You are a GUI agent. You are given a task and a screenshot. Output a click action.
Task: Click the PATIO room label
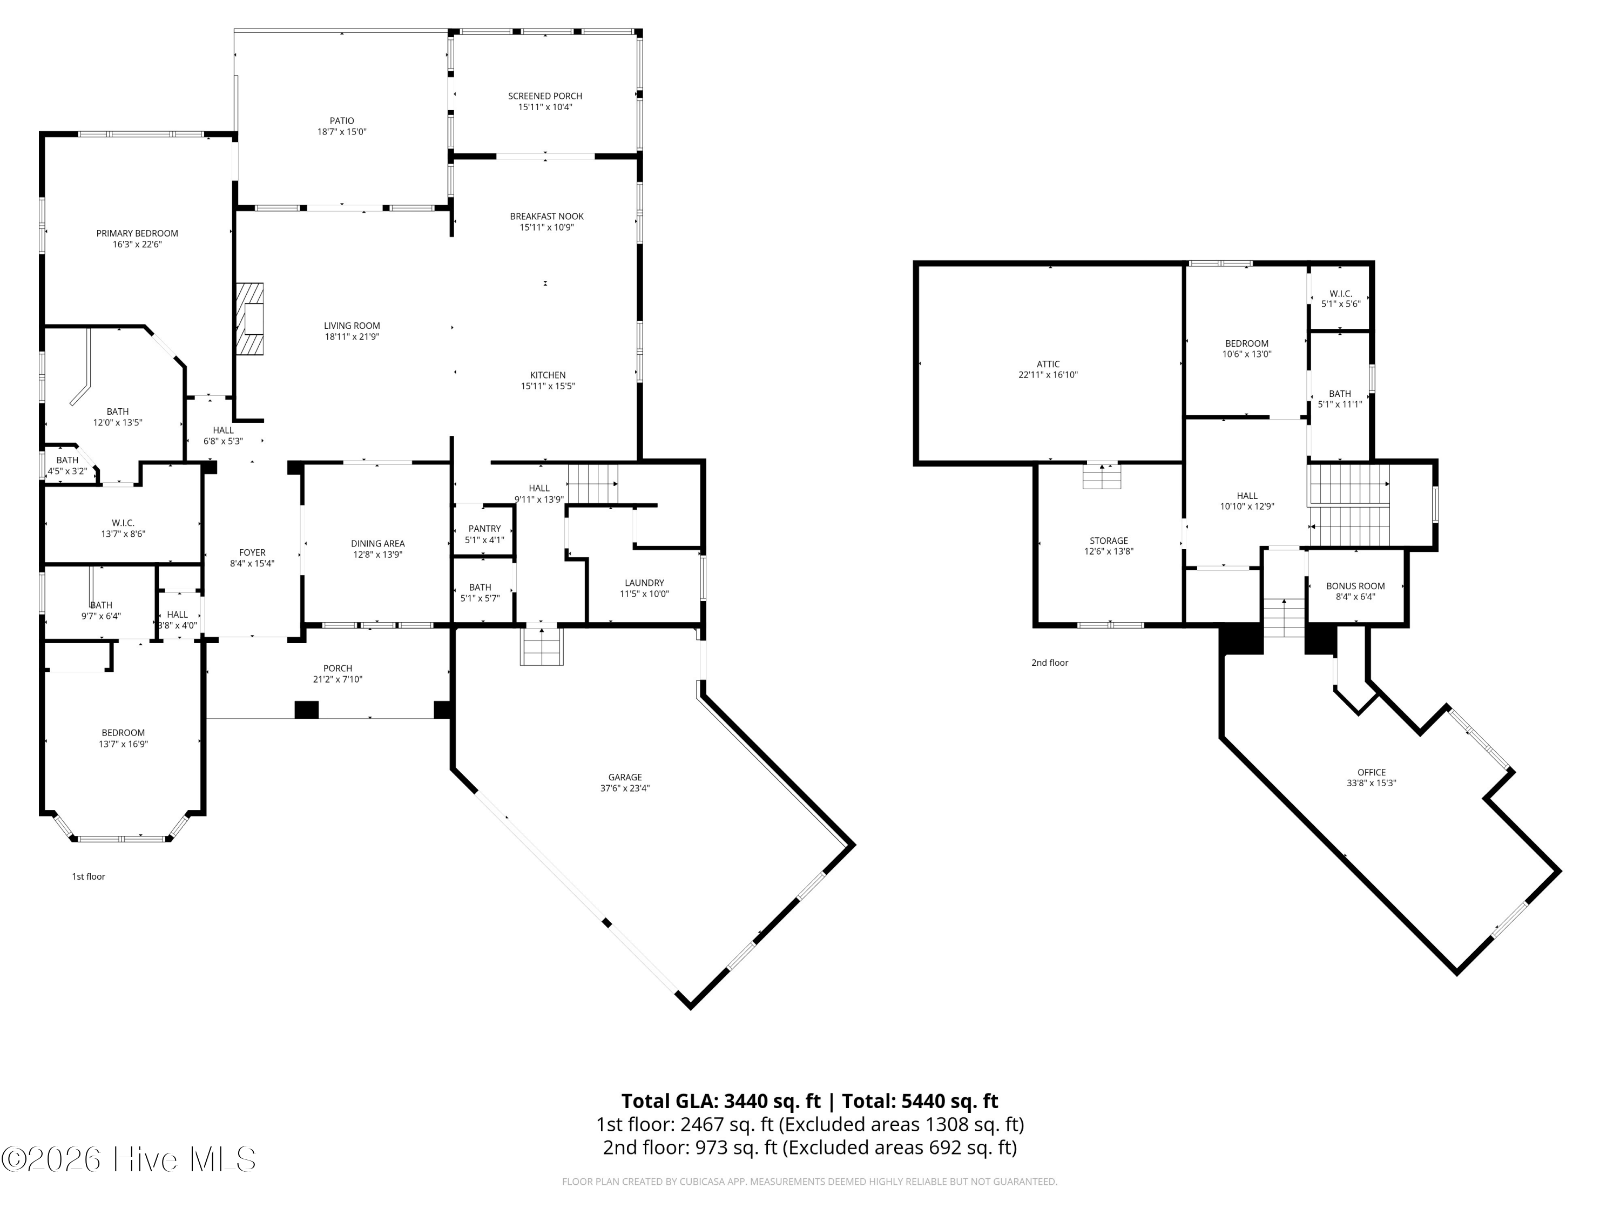pos(341,121)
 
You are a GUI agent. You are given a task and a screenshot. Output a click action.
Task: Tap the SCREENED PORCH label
pos(545,96)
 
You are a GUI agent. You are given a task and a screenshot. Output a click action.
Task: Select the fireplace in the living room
pos(249,319)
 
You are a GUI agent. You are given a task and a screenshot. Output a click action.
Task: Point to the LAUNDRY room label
pos(644,583)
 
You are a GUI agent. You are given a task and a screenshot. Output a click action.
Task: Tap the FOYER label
pos(252,553)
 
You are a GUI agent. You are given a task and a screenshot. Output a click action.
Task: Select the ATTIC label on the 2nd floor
pos(1048,364)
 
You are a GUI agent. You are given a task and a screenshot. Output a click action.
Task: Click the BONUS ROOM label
pos(1355,586)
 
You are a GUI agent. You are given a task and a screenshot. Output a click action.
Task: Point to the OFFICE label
pos(1371,772)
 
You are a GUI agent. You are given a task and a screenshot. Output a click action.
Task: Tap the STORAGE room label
pos(1108,541)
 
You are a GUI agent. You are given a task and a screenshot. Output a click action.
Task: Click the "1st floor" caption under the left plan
pos(89,876)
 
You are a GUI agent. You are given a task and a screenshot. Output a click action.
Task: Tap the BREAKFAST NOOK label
pos(546,217)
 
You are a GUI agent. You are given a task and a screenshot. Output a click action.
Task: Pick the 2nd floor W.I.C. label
pos(1340,294)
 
